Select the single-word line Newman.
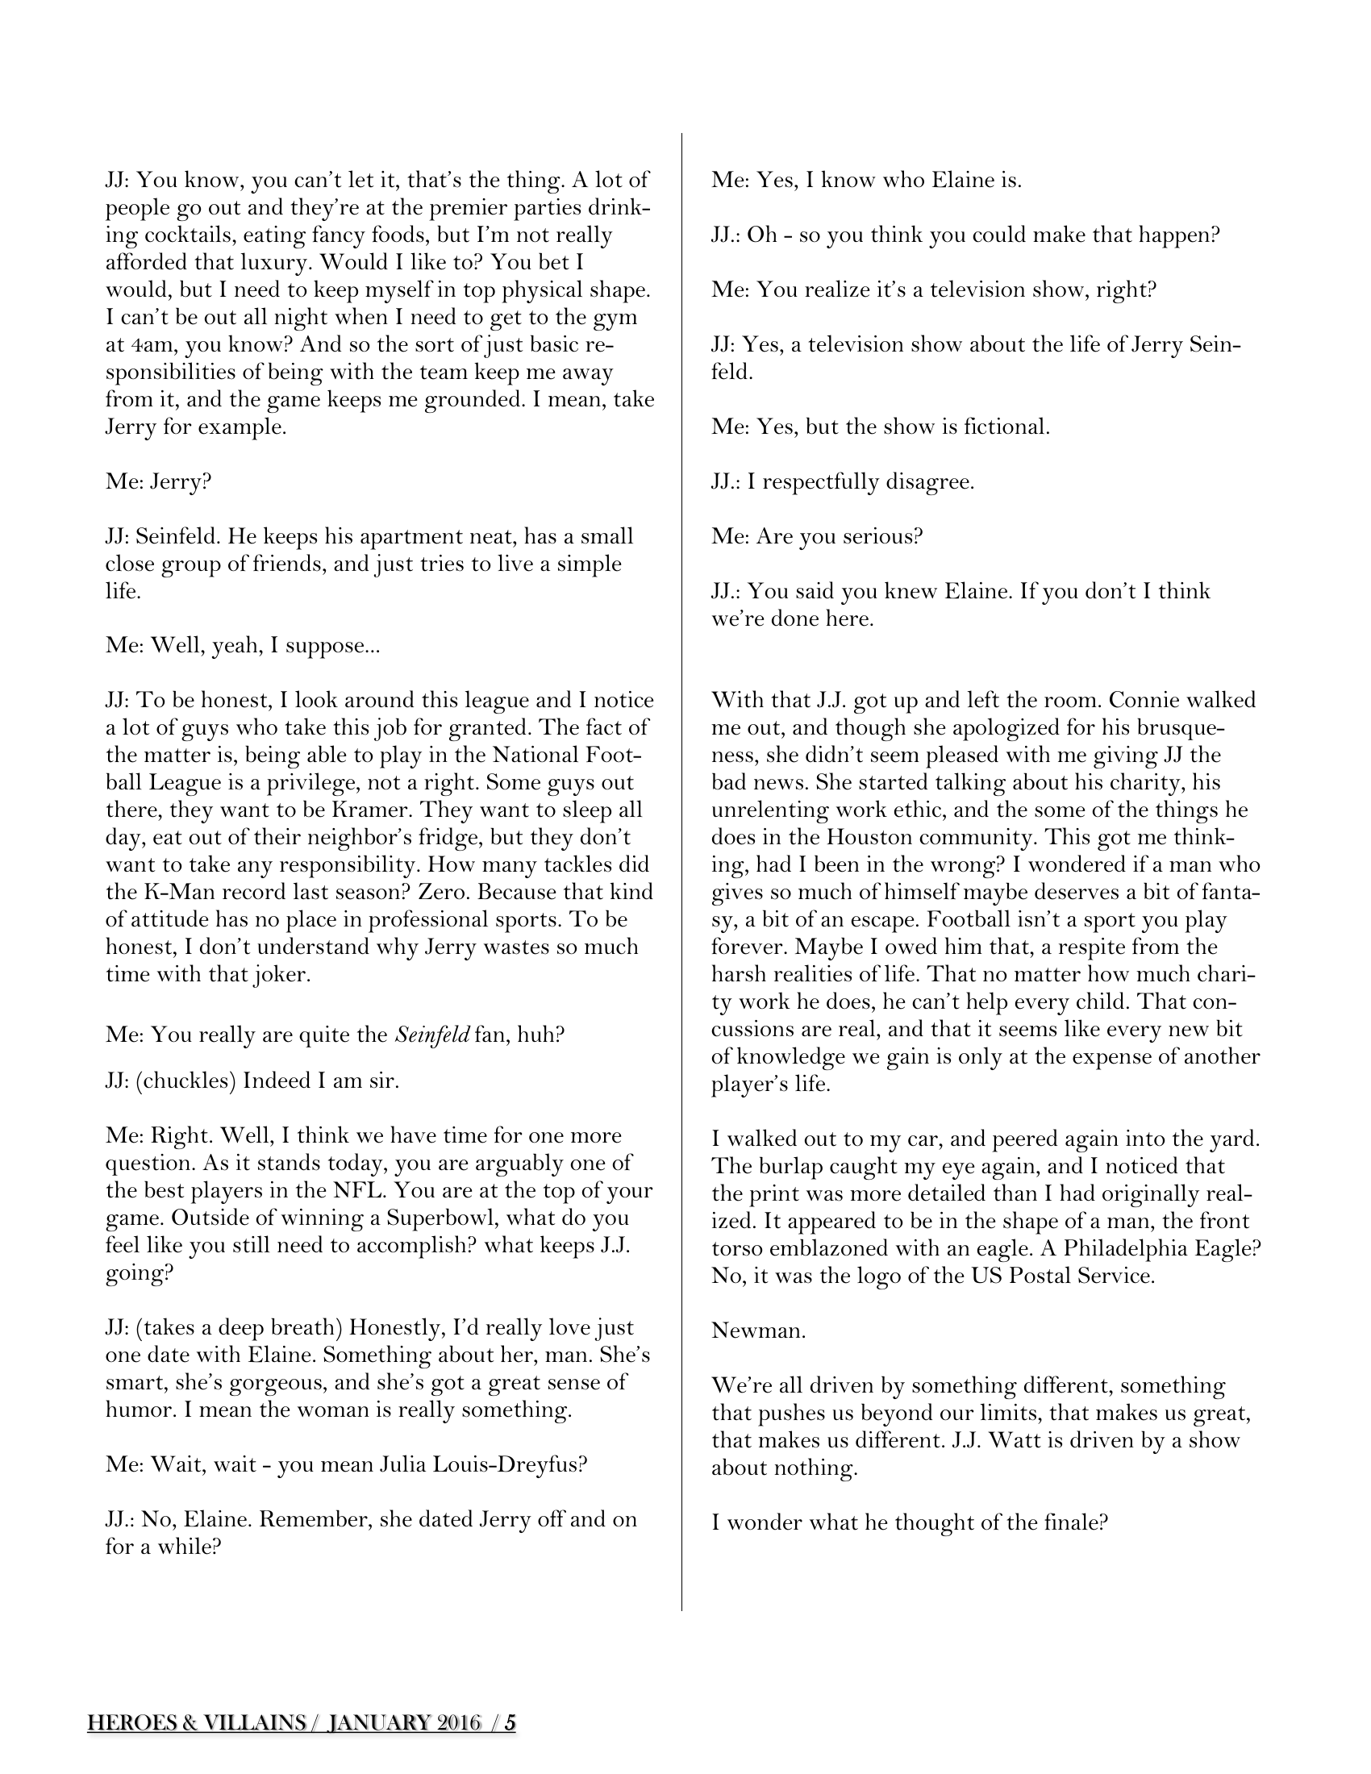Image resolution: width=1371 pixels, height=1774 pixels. click(x=758, y=1330)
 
